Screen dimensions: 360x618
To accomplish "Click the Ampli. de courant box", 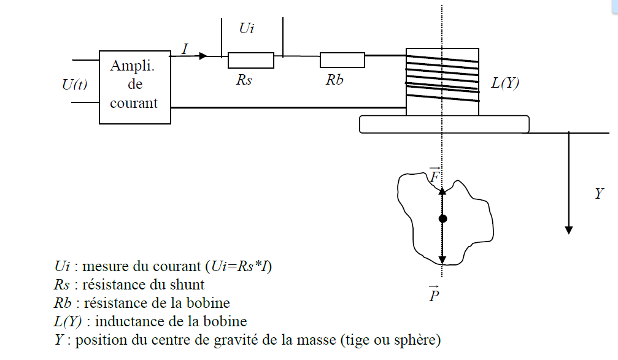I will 134,86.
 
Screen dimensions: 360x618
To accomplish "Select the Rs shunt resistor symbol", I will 250,60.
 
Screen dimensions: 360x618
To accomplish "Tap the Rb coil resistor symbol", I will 342,60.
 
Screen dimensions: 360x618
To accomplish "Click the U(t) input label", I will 75,85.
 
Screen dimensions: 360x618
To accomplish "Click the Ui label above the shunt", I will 245,29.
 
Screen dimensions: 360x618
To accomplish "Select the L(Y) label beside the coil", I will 505,84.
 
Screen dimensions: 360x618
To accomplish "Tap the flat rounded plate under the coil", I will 444,123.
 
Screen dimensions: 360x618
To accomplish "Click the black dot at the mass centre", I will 442,218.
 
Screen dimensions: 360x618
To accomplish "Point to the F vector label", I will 435,176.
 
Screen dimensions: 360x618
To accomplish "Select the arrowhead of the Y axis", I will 569,229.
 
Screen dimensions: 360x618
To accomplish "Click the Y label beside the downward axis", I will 599,194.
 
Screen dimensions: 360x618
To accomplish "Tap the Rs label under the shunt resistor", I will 244,80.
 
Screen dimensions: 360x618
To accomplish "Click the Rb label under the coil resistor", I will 334,80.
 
